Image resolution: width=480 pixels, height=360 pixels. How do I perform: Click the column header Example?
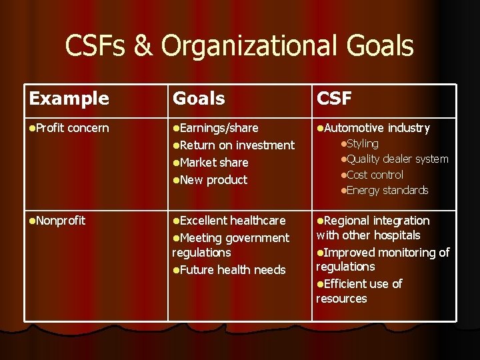69,99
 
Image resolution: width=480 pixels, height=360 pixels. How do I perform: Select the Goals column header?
199,99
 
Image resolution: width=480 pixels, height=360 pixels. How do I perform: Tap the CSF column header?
334,99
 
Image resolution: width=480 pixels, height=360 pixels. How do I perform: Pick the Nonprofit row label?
60,221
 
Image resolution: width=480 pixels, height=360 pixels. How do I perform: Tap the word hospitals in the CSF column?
397,235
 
